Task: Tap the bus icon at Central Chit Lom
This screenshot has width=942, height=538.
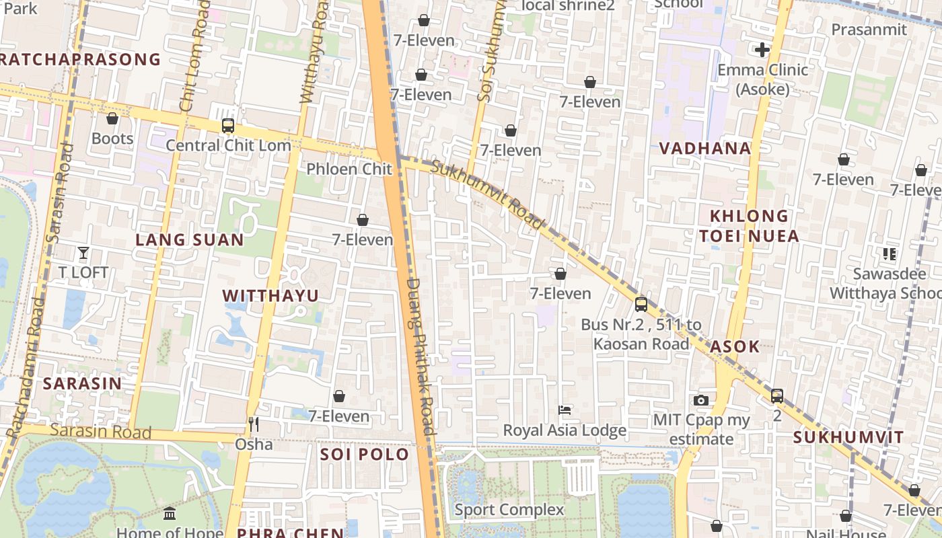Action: [x=228, y=126]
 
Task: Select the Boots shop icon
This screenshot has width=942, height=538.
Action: [x=112, y=119]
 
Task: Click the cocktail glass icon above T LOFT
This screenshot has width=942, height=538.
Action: [x=83, y=253]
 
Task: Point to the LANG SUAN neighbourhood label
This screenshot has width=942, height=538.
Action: [x=190, y=240]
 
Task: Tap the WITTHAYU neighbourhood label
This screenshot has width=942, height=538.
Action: [x=270, y=296]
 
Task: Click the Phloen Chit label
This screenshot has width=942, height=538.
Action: [x=349, y=169]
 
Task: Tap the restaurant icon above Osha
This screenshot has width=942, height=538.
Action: [x=254, y=424]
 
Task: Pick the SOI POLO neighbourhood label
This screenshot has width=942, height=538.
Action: [x=365, y=454]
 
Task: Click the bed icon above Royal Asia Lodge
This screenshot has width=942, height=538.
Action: [x=565, y=410]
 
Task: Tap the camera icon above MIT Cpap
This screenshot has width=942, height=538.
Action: [x=701, y=400]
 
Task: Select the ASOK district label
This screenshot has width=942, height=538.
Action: [x=735, y=346]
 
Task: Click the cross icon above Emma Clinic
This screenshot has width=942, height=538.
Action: [x=762, y=50]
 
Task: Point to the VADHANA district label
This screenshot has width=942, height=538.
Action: [x=704, y=149]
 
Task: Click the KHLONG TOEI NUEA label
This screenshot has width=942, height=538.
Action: [x=749, y=226]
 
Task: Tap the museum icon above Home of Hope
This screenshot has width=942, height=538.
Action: [x=170, y=514]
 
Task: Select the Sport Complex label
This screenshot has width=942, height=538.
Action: [x=509, y=510]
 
